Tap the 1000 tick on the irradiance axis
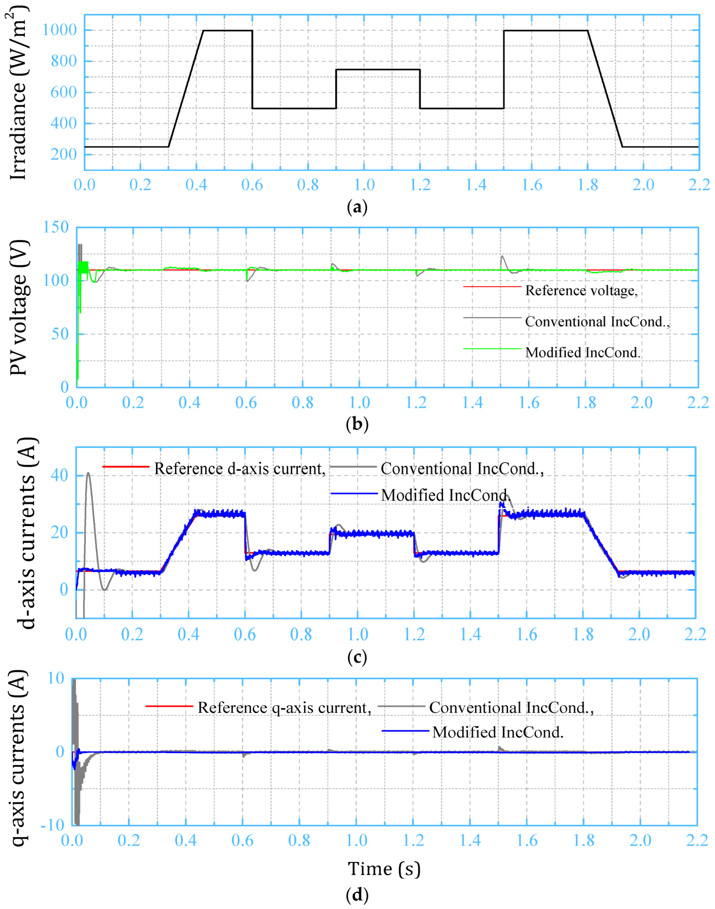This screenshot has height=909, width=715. point(59,30)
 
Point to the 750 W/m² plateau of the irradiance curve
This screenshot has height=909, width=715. point(378,69)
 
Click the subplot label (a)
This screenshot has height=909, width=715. point(357,207)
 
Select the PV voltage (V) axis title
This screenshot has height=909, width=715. point(19,308)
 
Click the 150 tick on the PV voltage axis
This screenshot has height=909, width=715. point(56,227)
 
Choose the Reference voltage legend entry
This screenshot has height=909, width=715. point(581,291)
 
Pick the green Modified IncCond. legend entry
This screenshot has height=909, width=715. point(582,352)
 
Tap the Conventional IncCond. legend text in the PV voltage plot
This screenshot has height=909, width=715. point(597,322)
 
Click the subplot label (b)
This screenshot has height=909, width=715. point(357,424)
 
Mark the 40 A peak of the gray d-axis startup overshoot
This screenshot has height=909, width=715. point(88,473)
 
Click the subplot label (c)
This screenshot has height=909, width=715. point(357,657)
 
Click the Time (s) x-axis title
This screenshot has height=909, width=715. point(384,868)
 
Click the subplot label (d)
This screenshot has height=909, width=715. point(357,894)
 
